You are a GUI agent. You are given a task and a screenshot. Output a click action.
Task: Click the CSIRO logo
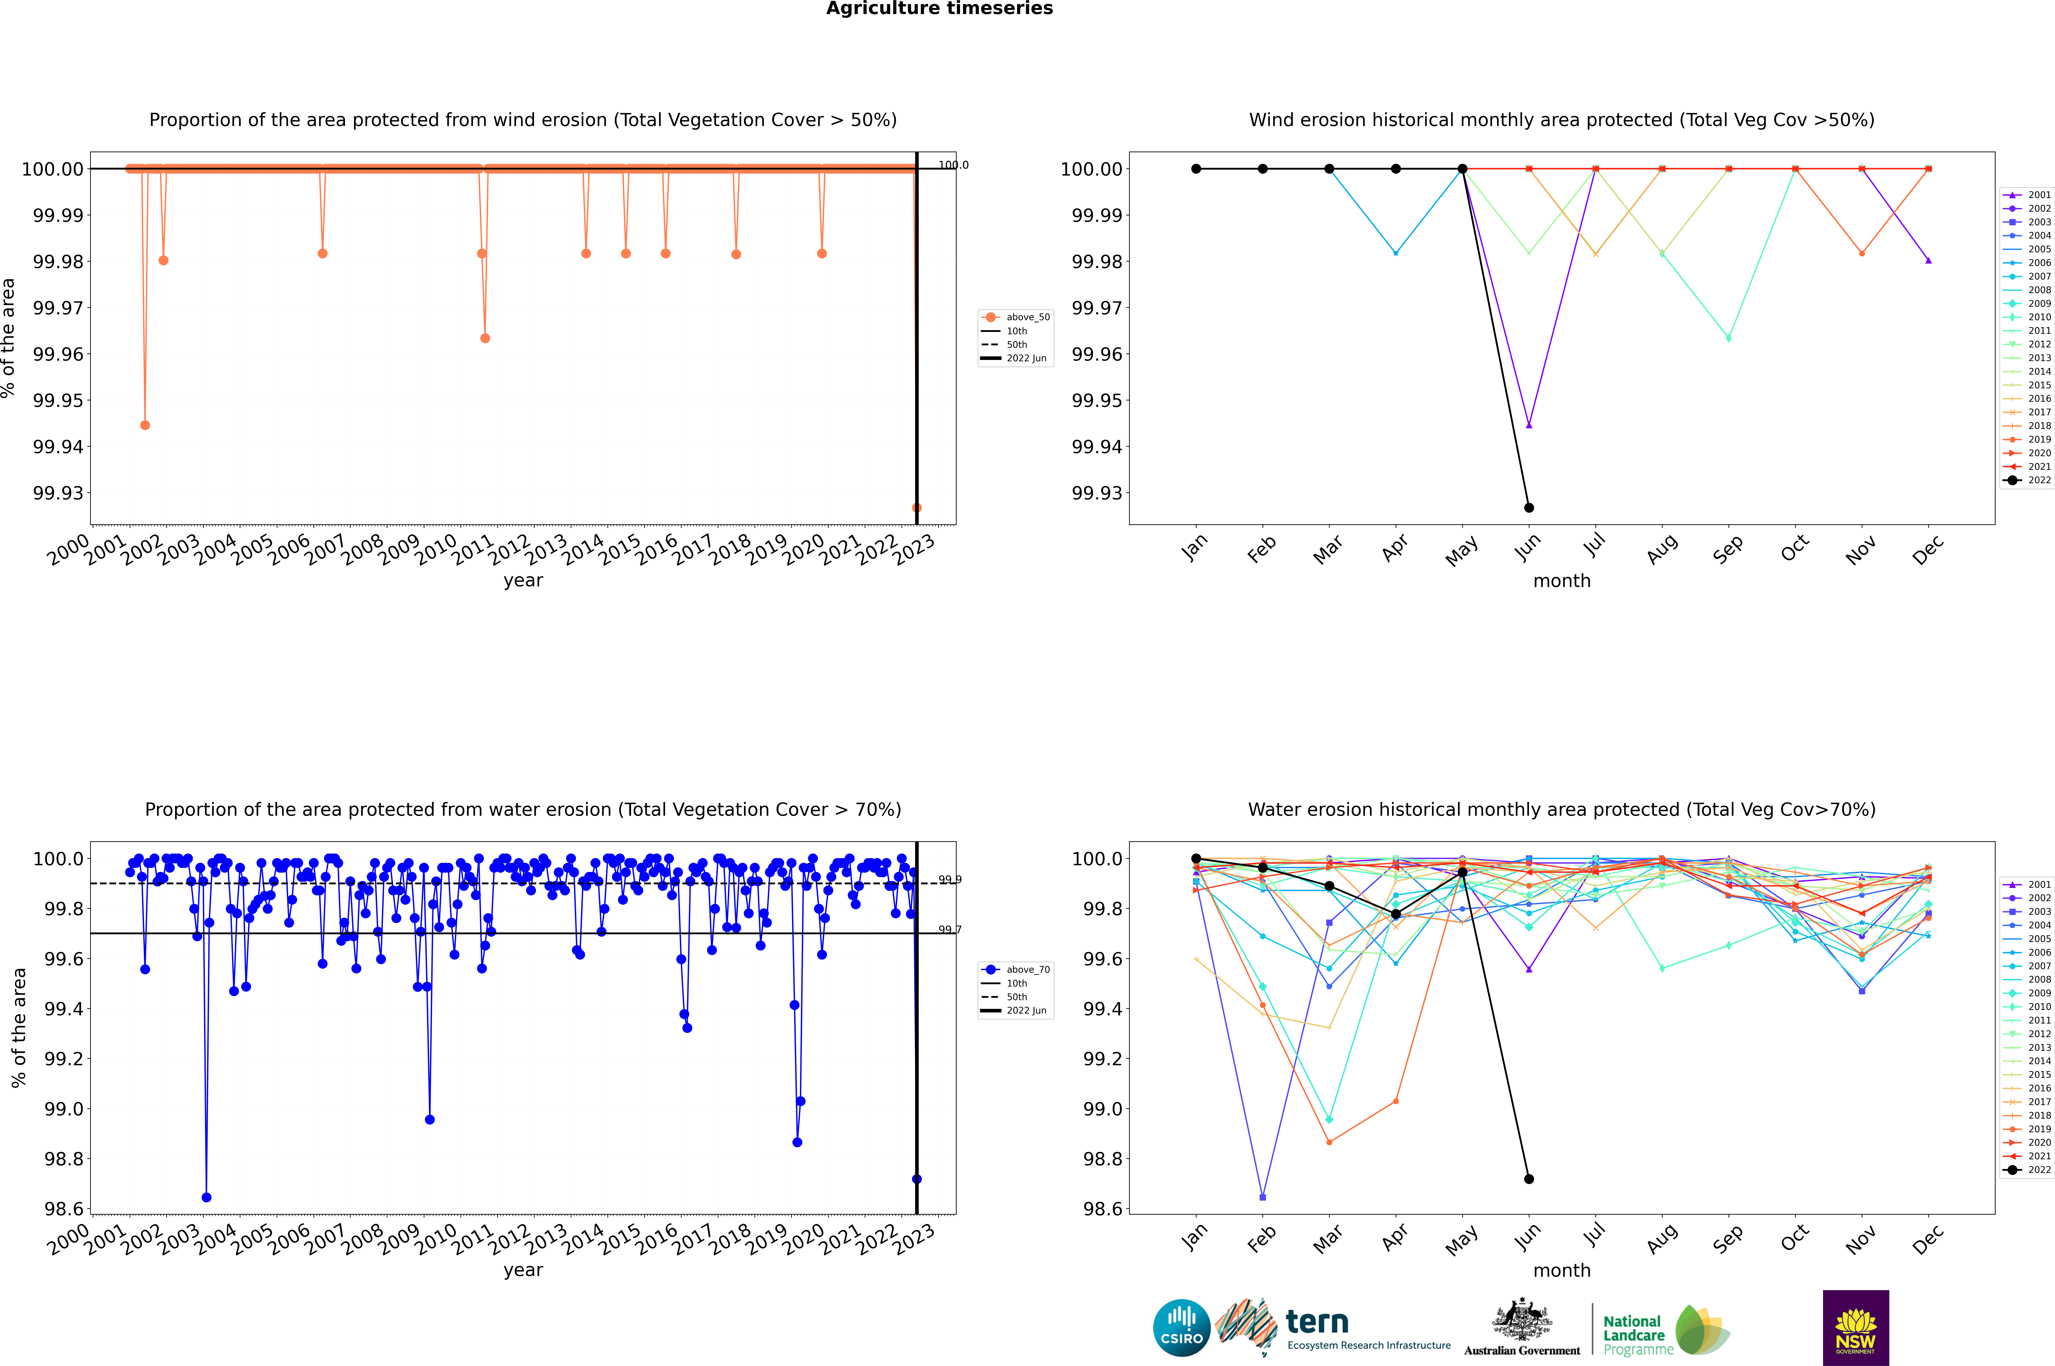coord(1181,1328)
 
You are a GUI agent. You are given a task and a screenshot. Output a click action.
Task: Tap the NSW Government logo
coord(1855,1328)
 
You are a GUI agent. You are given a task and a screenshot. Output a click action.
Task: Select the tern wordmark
coord(1317,1323)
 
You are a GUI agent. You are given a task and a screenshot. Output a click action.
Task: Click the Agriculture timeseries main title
coord(939,9)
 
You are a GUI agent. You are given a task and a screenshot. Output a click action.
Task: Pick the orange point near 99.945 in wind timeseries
coord(145,425)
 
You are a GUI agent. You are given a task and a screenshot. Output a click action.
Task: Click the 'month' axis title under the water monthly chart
coord(1562,1270)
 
